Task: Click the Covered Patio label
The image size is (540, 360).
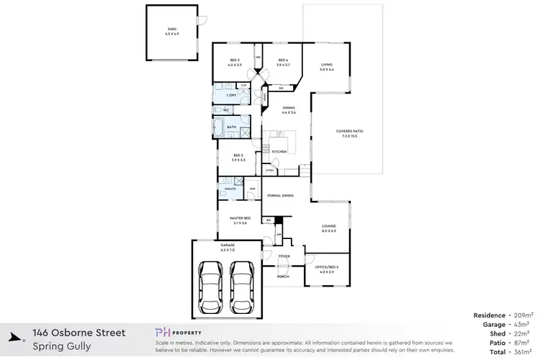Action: click(346, 133)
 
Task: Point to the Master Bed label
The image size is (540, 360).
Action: click(239, 220)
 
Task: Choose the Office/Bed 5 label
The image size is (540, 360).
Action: click(326, 269)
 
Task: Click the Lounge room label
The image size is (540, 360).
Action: click(328, 229)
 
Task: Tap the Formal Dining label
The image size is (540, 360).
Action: click(280, 196)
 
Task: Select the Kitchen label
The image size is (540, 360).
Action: click(279, 151)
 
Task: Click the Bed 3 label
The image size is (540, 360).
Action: click(234, 62)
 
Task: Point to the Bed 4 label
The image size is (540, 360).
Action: click(282, 62)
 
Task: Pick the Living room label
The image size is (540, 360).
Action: click(327, 67)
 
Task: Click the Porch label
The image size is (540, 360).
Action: click(283, 276)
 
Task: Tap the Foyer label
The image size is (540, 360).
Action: click(283, 256)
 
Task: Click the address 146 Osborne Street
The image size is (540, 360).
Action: click(79, 333)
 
